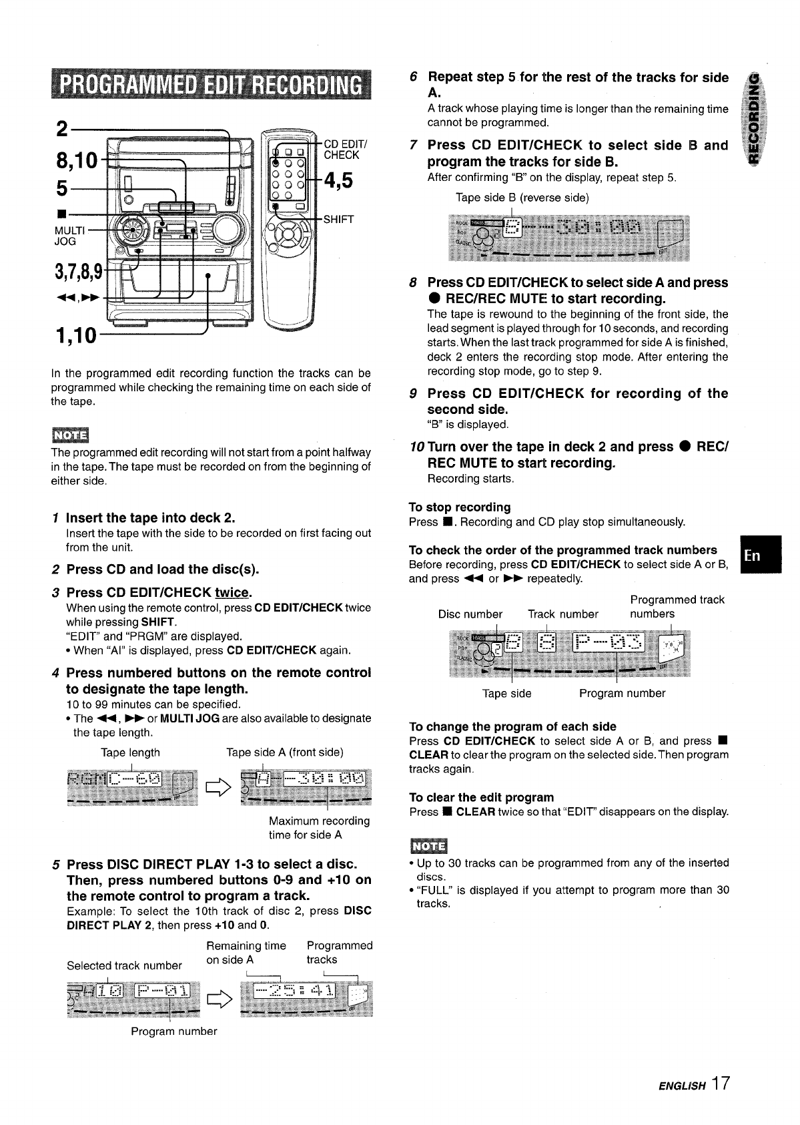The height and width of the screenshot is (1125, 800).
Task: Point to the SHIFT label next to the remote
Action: pos(338,219)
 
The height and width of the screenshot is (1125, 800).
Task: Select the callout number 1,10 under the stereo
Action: pos(73,334)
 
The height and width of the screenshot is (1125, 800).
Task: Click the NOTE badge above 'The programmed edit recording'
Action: pos(70,435)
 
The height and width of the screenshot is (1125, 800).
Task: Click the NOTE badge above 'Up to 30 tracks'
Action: pos(428,845)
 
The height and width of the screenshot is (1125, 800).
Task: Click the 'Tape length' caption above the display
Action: pos(130,752)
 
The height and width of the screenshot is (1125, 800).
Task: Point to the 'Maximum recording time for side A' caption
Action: pos(319,828)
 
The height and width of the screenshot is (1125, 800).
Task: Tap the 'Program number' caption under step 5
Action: pos(174,1031)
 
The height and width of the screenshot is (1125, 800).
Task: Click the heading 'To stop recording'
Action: pos(460,507)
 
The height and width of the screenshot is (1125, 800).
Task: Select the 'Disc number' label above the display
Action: pos(470,614)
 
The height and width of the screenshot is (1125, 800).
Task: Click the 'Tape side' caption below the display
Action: pos(506,694)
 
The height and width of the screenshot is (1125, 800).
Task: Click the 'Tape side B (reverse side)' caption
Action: pos(522,198)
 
